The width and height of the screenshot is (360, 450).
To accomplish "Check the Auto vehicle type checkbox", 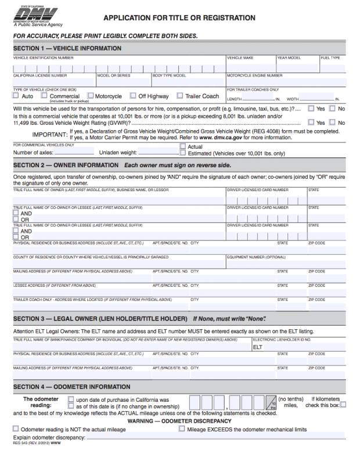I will [16, 96].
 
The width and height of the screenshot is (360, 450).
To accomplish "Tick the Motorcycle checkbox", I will [91, 96].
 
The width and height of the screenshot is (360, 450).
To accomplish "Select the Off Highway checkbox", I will [133, 96].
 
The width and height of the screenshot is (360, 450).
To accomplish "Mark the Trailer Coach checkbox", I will [180, 96].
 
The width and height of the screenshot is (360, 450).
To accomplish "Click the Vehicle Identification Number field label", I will [44, 58].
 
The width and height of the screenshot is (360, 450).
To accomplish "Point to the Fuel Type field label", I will [330, 58].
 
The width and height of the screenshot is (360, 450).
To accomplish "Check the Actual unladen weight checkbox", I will [183, 147].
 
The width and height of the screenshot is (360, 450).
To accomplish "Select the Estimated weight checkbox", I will [183, 153].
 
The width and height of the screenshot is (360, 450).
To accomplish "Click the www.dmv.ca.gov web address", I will [222, 138].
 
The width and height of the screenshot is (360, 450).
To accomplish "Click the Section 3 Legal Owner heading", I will [100, 319].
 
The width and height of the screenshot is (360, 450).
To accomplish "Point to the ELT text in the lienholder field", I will [258, 347].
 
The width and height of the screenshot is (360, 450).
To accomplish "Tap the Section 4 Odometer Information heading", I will [68, 387].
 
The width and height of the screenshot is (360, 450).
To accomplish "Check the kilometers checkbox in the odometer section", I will [343, 405].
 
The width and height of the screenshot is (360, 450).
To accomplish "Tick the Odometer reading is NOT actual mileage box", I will [16, 429].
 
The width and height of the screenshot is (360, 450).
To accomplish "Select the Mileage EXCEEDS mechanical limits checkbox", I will [182, 429].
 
